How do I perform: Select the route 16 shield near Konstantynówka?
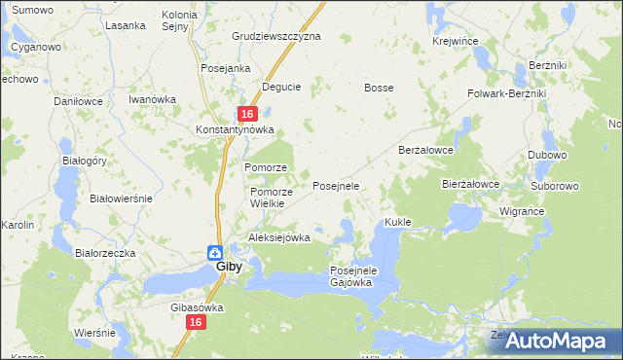(248, 114)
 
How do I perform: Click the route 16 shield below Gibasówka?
(196, 322)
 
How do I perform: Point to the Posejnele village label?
(336, 185)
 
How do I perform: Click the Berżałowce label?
(427, 150)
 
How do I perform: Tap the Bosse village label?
(379, 88)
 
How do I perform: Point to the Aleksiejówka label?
(279, 237)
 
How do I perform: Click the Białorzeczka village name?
(105, 253)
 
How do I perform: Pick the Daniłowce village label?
(79, 100)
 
